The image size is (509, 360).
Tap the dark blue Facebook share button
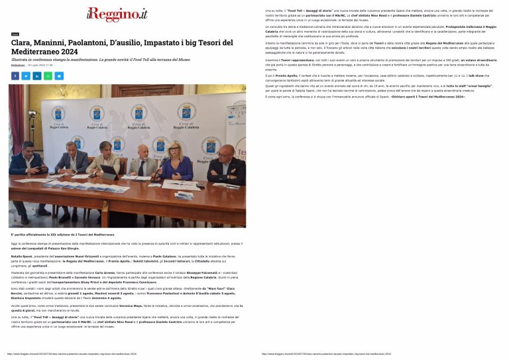[x=15, y=76]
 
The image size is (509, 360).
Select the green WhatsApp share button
[x=48, y=76]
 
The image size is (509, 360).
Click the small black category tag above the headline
[x=15, y=34]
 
